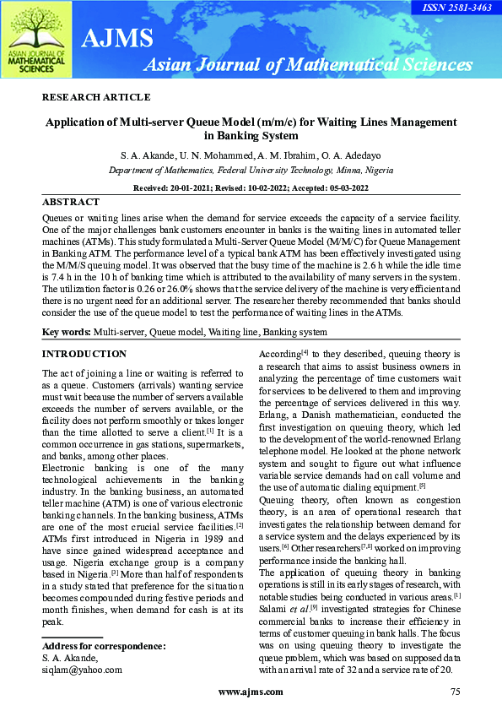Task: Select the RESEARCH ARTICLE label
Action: [96, 97]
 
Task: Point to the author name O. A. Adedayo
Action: [335, 155]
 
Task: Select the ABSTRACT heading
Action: [71, 203]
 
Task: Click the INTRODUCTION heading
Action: [84, 354]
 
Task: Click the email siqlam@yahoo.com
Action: [82, 670]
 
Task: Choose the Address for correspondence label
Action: [104, 647]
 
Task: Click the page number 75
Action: [456, 692]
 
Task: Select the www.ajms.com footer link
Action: [251, 692]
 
